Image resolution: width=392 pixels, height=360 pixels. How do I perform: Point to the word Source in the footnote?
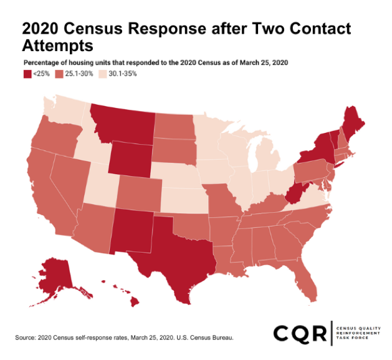point(26,338)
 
